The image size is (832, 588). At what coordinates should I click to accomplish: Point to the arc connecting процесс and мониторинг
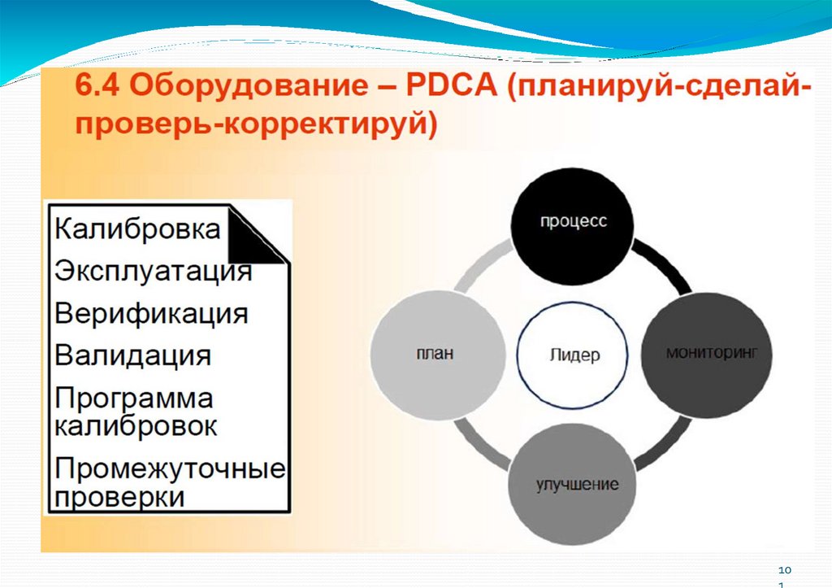pos(666,264)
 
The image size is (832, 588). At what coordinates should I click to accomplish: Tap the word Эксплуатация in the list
pos(153,271)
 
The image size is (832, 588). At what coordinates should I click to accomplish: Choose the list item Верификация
pos(151,313)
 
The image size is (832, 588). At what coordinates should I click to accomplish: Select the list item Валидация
pos(133,355)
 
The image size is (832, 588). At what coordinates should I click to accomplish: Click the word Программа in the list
pos(134,399)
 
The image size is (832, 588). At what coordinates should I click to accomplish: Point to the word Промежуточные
pos(170,468)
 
